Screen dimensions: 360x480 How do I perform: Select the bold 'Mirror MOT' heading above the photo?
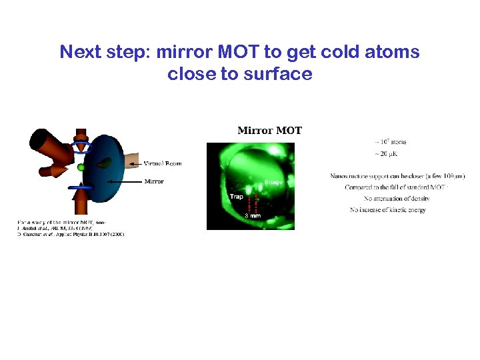(269, 130)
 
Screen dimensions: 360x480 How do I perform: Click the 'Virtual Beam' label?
(163, 163)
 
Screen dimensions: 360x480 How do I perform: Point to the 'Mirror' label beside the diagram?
(154, 181)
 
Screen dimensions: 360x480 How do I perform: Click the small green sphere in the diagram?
(81, 167)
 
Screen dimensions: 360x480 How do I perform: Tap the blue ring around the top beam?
(83, 147)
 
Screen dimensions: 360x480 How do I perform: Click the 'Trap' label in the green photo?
(236, 197)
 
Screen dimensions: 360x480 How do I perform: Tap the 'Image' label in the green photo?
(273, 182)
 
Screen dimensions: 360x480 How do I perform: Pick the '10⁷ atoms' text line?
(391, 142)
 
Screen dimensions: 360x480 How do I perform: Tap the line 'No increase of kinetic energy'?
(387, 210)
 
